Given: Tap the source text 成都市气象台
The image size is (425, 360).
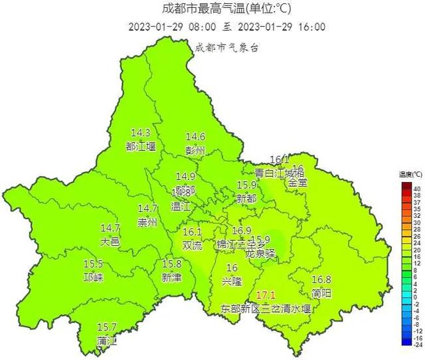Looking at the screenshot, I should (x=226, y=47).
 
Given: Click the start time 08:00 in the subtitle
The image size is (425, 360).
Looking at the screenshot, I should (x=203, y=27).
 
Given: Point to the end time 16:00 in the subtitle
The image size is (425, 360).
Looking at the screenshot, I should (x=312, y=27).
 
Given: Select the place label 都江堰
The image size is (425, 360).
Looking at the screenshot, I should (x=141, y=145).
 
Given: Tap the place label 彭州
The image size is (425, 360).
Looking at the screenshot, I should (x=195, y=149).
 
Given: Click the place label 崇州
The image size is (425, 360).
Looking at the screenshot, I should (x=147, y=222).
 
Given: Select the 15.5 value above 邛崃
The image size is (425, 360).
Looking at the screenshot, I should (x=93, y=264).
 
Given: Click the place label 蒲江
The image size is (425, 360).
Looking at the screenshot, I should (x=106, y=341).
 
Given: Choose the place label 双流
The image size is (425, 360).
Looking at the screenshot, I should (x=192, y=244).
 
